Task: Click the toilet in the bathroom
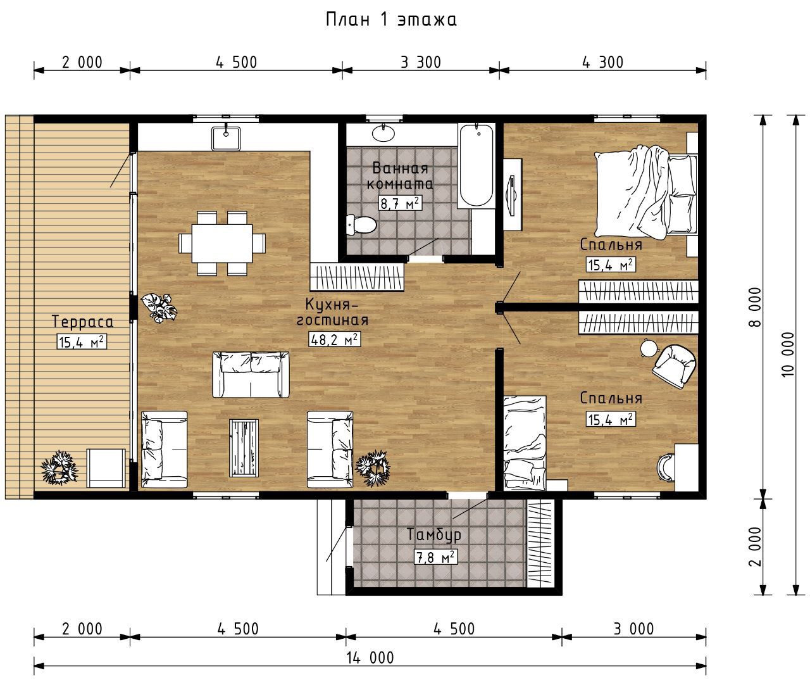click(x=361, y=224)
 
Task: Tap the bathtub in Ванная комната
click(x=476, y=166)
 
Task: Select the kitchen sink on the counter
click(x=226, y=138)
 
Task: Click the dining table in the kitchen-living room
click(x=222, y=243)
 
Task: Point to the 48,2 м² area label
click(x=334, y=339)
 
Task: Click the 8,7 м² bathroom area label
click(x=400, y=203)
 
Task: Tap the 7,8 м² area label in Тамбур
click(x=435, y=557)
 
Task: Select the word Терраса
click(x=83, y=322)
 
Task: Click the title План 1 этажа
click(x=391, y=20)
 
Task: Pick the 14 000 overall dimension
click(x=370, y=658)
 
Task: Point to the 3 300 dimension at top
click(x=421, y=62)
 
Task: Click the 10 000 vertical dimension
click(x=788, y=354)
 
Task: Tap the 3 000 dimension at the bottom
click(x=633, y=629)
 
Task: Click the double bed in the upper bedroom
click(x=646, y=191)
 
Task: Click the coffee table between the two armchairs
click(x=244, y=448)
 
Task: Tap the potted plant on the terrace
click(x=59, y=467)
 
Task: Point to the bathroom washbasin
click(x=383, y=132)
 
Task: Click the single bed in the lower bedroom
click(x=525, y=443)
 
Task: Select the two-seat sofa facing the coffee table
click(x=251, y=375)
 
